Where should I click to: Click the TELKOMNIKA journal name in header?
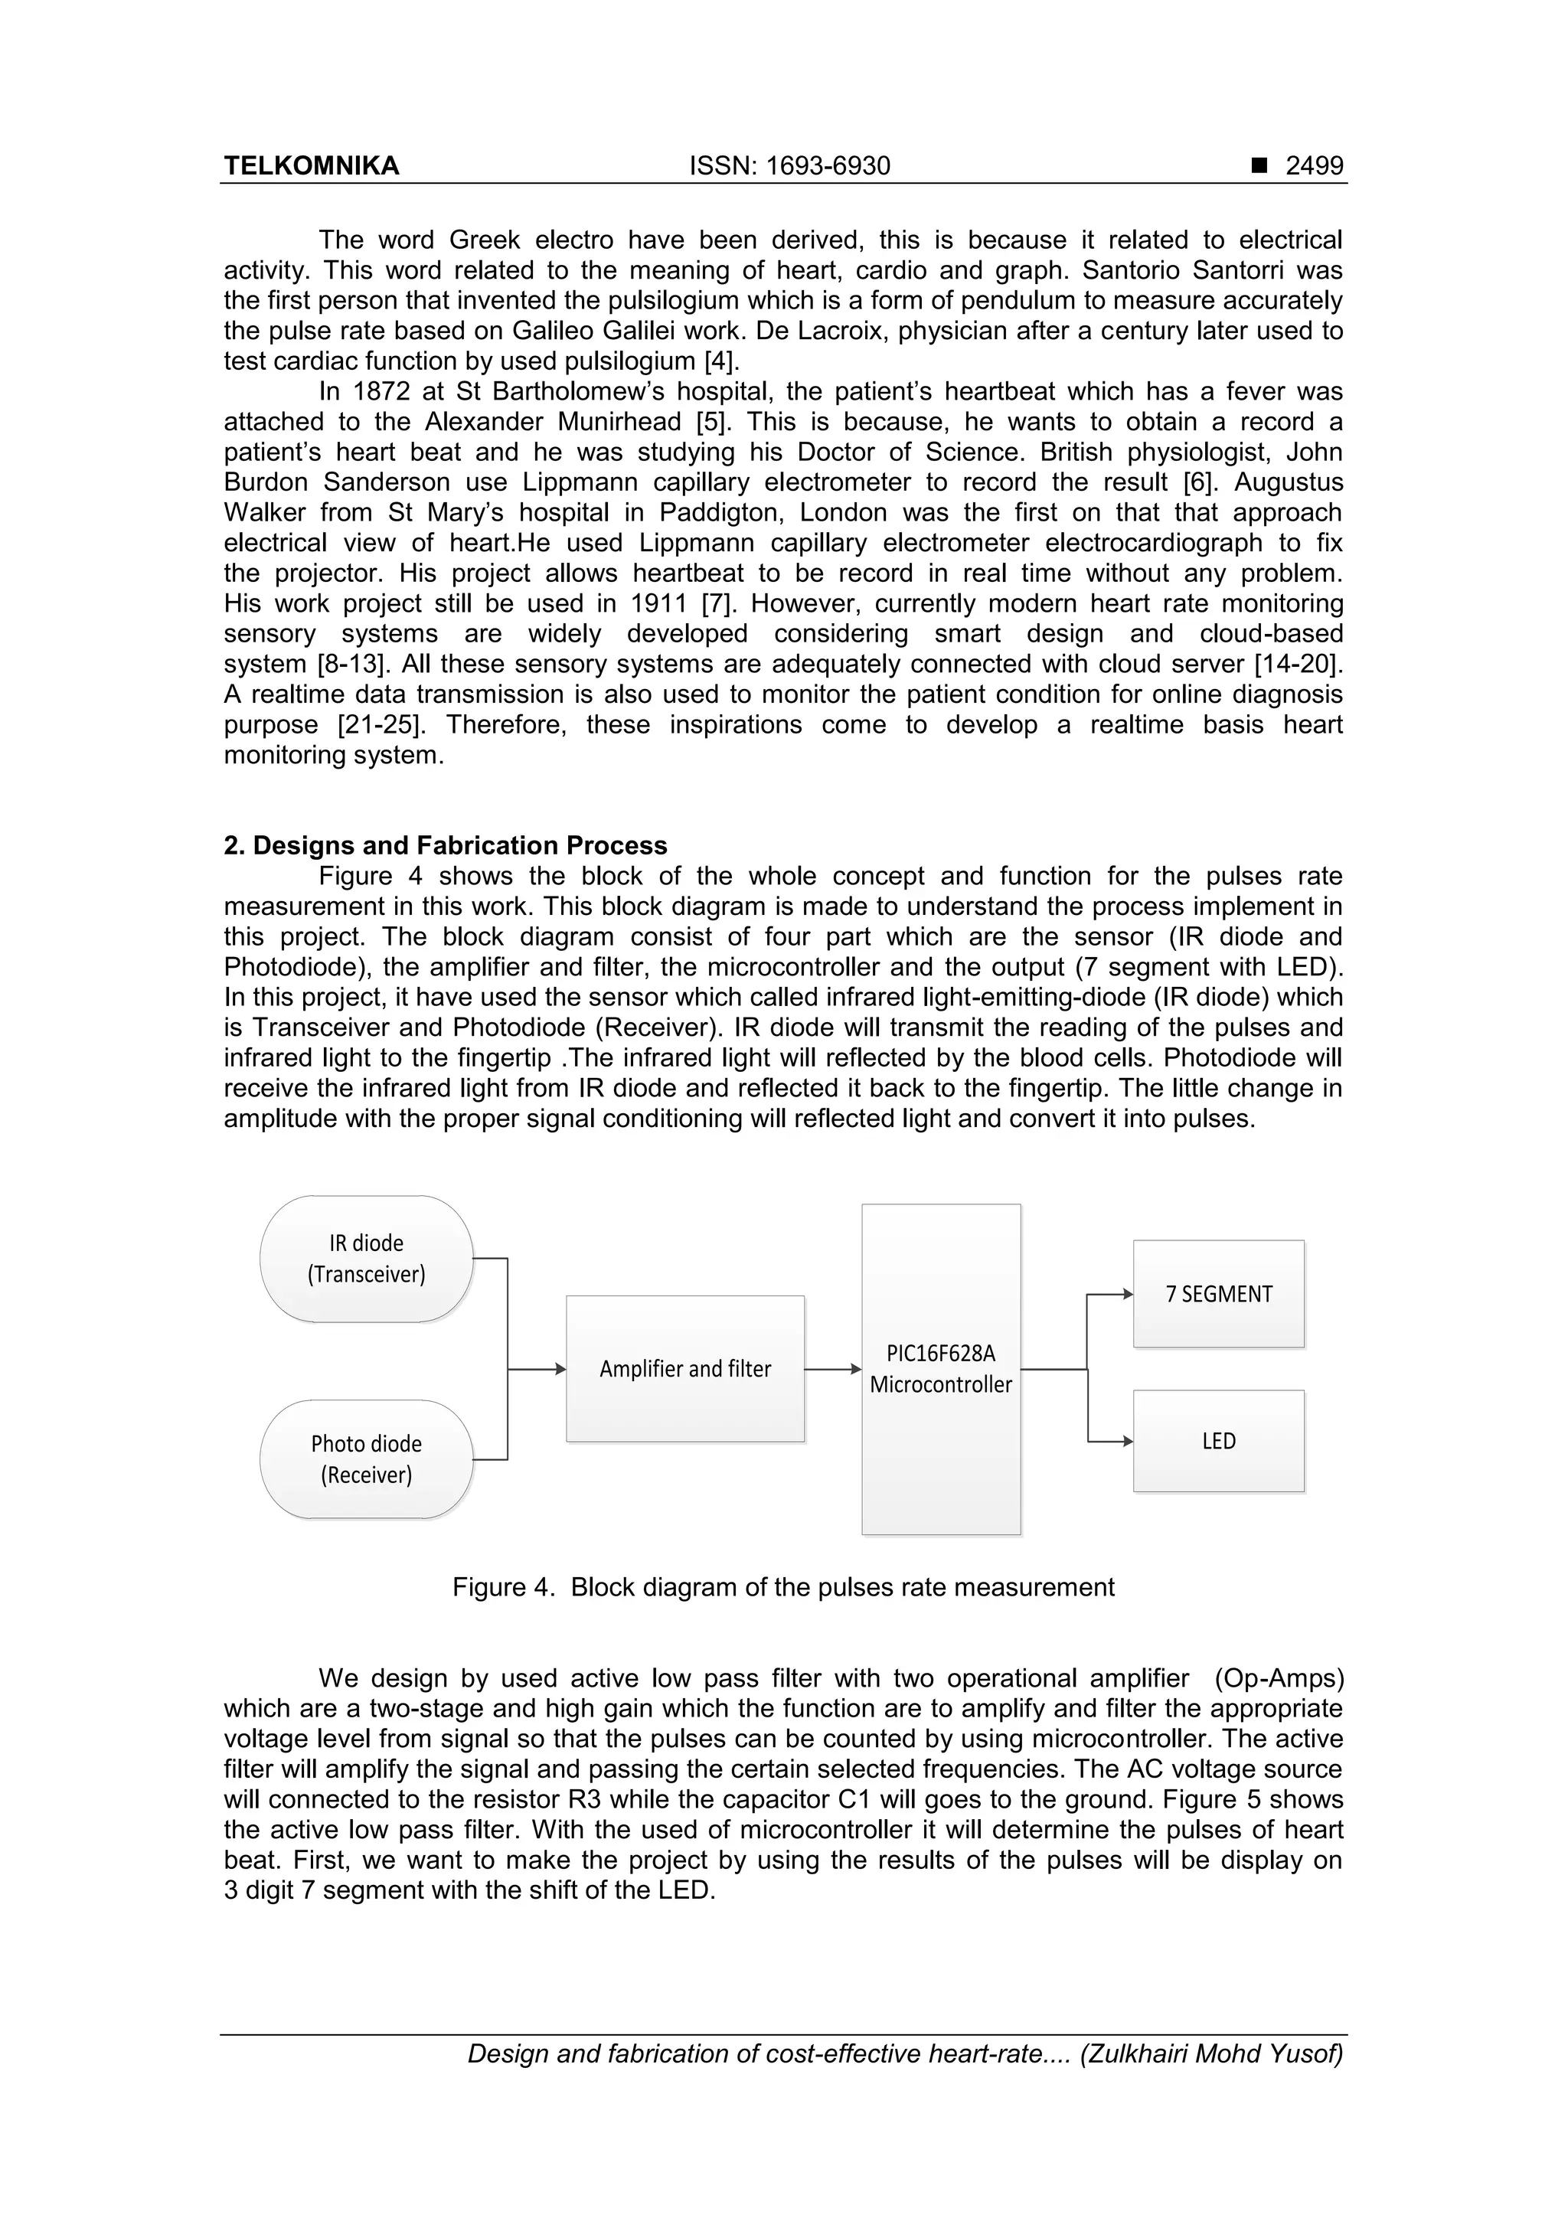coord(311,166)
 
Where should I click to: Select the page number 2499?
coord(1313,166)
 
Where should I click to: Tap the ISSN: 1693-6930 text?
coord(789,166)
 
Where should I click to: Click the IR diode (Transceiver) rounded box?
coord(366,1259)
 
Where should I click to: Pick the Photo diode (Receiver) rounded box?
coord(366,1459)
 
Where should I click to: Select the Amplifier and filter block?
coord(685,1369)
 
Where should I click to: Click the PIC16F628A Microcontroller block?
coord(941,1369)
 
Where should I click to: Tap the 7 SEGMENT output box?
coord(1218,1293)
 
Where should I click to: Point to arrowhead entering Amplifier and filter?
coord(560,1369)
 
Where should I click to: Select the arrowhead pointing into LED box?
coord(1128,1442)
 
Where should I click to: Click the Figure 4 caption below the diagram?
coord(783,1587)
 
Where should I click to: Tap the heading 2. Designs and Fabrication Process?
coord(446,845)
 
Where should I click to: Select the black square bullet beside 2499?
coord(1259,166)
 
